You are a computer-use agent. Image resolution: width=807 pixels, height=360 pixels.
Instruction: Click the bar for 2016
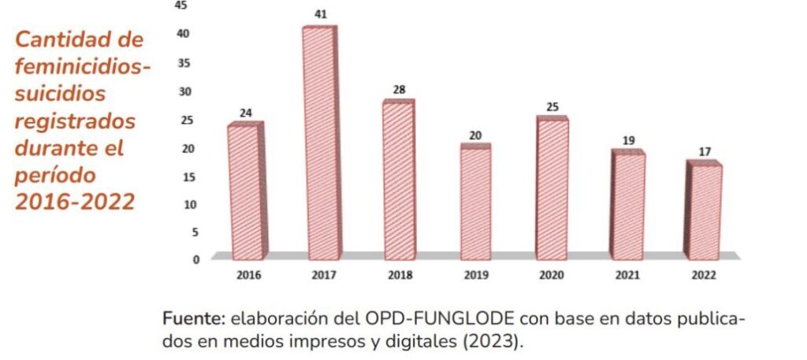click(246, 191)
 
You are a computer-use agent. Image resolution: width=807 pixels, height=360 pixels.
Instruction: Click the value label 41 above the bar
click(321, 14)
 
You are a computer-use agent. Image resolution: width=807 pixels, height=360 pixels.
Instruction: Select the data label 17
click(705, 152)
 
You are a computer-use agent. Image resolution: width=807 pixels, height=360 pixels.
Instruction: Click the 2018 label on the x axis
click(400, 276)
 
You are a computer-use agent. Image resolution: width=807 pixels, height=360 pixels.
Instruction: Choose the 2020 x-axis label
click(552, 276)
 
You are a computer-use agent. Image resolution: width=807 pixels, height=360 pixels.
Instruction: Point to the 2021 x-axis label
click(628, 276)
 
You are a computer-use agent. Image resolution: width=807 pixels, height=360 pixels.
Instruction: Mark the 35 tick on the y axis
click(184, 64)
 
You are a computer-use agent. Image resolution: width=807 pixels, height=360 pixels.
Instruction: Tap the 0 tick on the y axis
click(196, 259)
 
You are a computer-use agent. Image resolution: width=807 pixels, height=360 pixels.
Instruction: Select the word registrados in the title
click(76, 121)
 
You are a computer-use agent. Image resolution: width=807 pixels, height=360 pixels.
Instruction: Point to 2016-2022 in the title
click(75, 202)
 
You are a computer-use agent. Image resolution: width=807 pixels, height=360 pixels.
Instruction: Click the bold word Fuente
click(195, 319)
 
